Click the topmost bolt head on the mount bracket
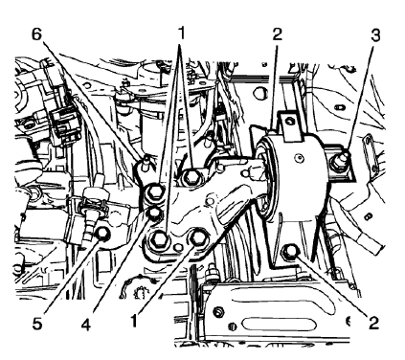pos(191,175)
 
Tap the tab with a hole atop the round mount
pos(286,122)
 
